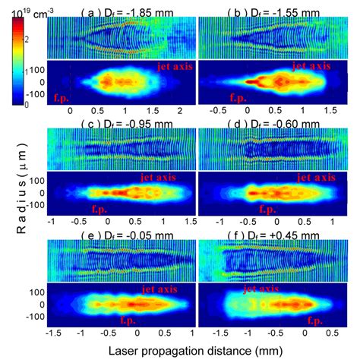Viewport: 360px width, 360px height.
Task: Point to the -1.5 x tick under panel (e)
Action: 52,333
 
